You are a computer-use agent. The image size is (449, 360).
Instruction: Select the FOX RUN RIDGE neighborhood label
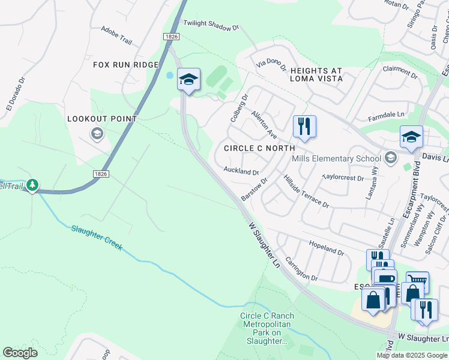click(125, 65)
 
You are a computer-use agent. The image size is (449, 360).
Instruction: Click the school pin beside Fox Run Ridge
click(188, 80)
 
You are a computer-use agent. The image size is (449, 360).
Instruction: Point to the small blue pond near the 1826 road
click(170, 76)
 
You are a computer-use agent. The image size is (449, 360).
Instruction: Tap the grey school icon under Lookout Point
click(96, 133)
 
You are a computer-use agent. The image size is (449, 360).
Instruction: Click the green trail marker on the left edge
click(32, 185)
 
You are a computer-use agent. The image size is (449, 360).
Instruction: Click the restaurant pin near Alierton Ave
click(304, 127)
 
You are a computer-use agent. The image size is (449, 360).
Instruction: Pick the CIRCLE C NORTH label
click(259, 148)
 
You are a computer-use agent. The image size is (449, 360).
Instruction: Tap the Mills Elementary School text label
click(336, 159)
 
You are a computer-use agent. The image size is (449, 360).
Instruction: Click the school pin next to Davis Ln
click(411, 137)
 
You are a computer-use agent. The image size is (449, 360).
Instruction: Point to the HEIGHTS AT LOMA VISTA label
click(316, 74)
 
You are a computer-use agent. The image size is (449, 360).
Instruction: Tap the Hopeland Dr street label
click(326, 248)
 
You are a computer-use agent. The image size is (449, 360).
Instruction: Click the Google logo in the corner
click(20, 353)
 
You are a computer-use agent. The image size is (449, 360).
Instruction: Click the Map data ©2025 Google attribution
click(412, 355)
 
